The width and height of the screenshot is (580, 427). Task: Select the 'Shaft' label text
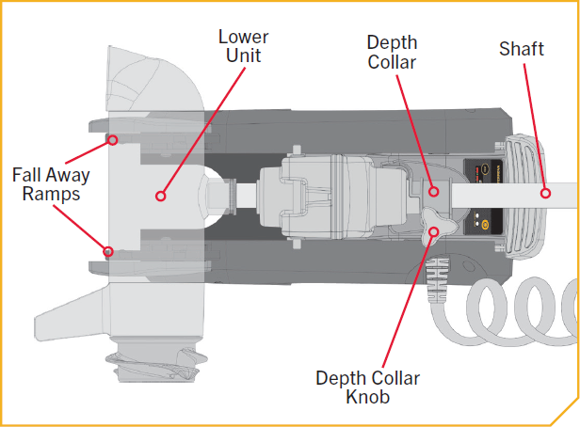pos(521,49)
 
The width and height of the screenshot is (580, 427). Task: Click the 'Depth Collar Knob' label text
pos(368,387)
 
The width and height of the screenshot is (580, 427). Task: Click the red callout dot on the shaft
pos(544,193)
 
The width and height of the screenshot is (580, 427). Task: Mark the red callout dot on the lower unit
pos(160,197)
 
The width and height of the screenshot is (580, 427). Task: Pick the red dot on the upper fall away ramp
pos(112,140)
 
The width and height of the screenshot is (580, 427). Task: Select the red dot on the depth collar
pos(435,192)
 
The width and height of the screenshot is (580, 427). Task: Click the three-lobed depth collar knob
pos(443,226)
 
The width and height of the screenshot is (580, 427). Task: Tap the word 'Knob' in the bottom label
pos(367,397)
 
